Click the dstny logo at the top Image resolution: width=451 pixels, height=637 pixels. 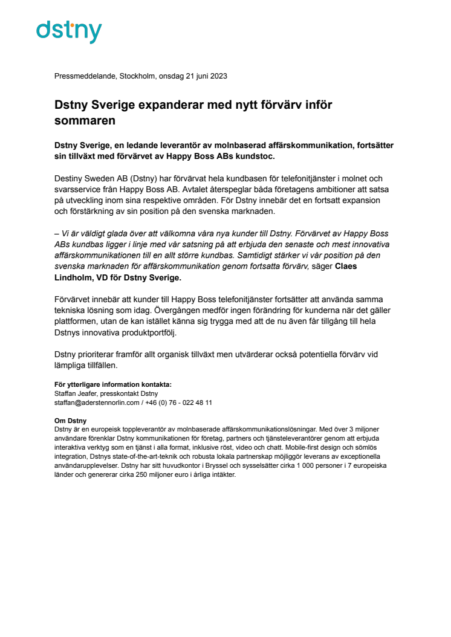[x=69, y=31]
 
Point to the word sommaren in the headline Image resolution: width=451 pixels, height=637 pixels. [x=85, y=120]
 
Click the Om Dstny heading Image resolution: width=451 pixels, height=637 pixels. [x=70, y=421]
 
